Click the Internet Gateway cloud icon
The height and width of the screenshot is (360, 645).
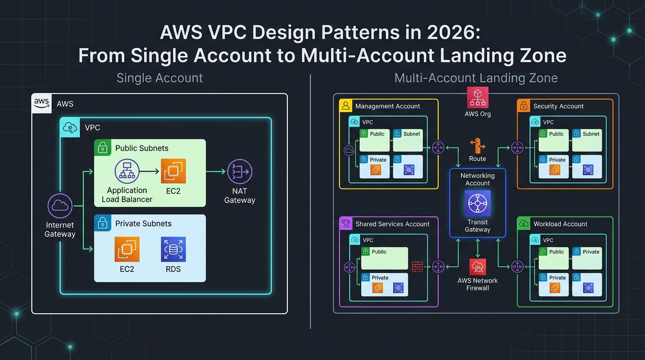[x=60, y=206]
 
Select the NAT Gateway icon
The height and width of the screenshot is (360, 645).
[x=240, y=172]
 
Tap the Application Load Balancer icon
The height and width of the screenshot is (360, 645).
[x=127, y=172]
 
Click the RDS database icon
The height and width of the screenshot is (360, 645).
[x=173, y=249]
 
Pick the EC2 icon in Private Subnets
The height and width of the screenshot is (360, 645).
[x=127, y=249]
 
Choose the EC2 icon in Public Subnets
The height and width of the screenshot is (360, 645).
[x=173, y=171]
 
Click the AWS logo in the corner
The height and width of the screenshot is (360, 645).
[x=42, y=103]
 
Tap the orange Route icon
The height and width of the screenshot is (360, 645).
[x=478, y=146]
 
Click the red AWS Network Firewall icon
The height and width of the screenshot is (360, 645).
[x=478, y=267]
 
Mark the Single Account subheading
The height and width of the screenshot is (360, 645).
[x=159, y=78]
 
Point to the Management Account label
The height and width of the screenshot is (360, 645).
[x=387, y=106]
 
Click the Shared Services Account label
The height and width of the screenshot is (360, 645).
[x=392, y=224]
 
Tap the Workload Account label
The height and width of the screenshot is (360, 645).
[x=560, y=224]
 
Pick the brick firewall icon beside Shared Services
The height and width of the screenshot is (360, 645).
[x=417, y=267]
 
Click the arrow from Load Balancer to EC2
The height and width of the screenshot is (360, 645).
[x=150, y=172]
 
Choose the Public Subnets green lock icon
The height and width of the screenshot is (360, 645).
[x=102, y=148]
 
